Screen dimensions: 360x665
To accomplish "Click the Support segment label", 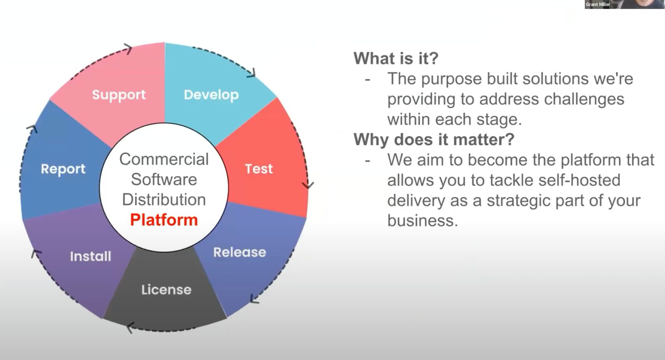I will [119, 95].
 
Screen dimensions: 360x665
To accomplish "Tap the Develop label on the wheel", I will [211, 95].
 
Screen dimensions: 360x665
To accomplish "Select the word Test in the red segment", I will [259, 169].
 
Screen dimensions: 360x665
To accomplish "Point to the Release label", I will [239, 252].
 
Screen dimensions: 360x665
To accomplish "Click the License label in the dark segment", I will [166, 290].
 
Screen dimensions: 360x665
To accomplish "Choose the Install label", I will [91, 256].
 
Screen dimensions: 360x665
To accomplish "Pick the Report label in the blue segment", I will [63, 169].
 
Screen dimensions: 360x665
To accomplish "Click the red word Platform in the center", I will [164, 220].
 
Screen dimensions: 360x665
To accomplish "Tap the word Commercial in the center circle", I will [164, 159].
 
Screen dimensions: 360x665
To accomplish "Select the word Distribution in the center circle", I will [164, 200].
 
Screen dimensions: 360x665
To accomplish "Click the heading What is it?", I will [396, 58].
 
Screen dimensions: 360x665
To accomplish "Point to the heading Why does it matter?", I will [434, 139].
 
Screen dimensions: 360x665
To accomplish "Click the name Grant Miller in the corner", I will [598, 4].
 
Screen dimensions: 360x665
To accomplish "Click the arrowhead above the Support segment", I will [128, 49].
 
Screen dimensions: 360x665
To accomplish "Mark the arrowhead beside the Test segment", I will [308, 185].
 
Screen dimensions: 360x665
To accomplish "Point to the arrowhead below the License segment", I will [130, 327].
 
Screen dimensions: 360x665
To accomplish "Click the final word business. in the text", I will [422, 221].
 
